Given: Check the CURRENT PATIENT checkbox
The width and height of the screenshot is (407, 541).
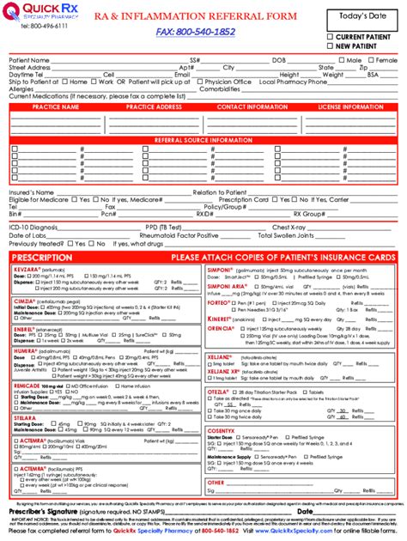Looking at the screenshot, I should (x=331, y=37).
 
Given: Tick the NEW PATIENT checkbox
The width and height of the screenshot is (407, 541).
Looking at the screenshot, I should (x=331, y=46).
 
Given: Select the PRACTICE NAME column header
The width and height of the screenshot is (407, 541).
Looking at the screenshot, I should (x=54, y=107).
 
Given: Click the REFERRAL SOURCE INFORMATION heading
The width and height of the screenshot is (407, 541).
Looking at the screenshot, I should (x=203, y=139).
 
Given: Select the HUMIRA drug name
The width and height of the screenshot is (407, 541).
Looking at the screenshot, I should (x=27, y=351).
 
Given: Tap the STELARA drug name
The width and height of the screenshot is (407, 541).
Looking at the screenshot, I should (x=26, y=416).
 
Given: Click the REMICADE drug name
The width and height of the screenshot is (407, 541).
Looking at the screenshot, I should (x=29, y=386).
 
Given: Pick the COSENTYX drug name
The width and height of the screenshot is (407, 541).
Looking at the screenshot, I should (x=225, y=429).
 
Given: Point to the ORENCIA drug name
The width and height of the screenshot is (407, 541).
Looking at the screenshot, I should (x=222, y=328).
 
